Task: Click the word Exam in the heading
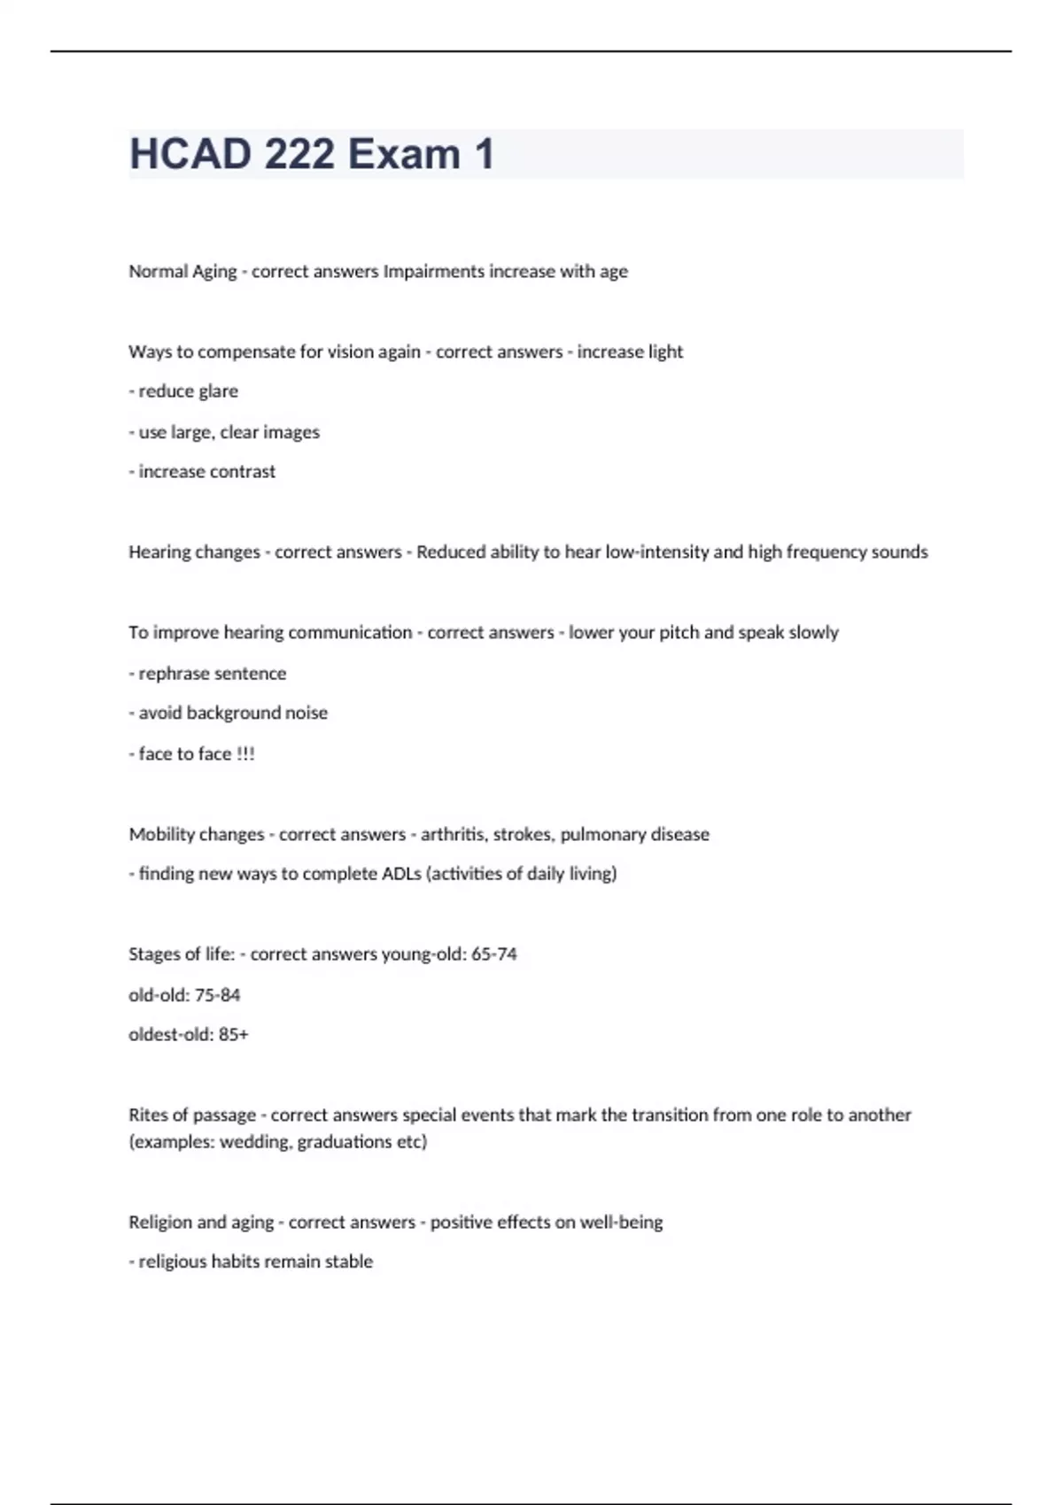(x=404, y=154)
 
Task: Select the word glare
(x=217, y=391)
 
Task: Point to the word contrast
(x=242, y=472)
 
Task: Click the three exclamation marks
(x=245, y=754)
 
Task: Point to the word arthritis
(x=453, y=835)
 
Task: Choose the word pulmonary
(x=602, y=835)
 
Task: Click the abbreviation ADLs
(x=401, y=874)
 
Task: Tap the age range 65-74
(x=493, y=954)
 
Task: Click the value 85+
(x=233, y=1035)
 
